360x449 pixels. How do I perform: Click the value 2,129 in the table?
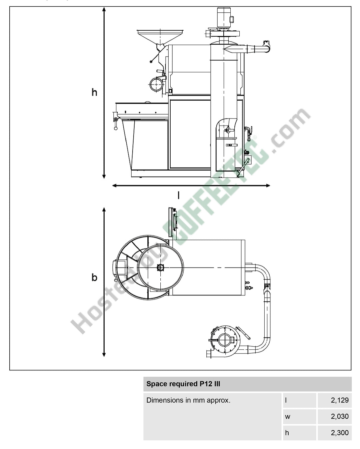[340, 400]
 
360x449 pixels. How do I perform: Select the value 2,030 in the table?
[340, 416]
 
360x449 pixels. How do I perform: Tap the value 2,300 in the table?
[340, 433]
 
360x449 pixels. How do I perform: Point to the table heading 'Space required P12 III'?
[183, 384]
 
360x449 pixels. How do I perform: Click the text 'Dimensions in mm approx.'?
[188, 400]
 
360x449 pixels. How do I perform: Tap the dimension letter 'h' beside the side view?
[94, 92]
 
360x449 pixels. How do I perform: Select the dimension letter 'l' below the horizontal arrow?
[178, 196]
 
